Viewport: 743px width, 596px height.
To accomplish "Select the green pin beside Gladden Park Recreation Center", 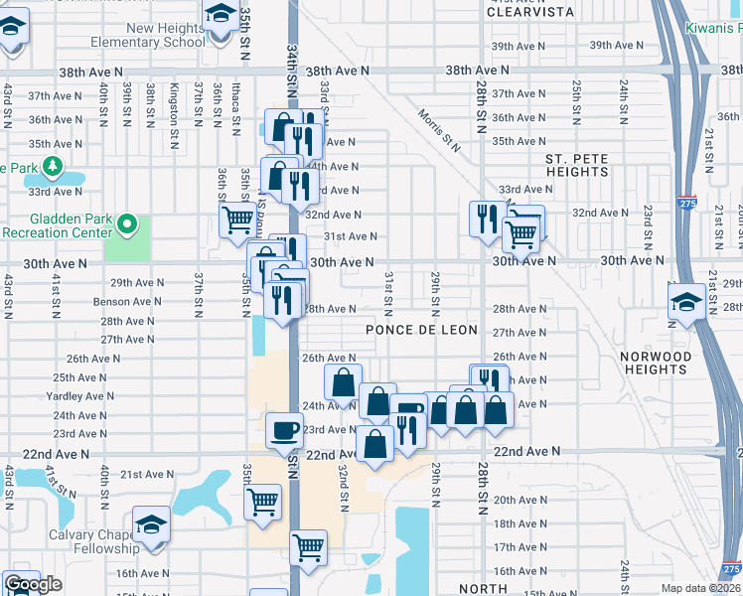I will (x=126, y=225).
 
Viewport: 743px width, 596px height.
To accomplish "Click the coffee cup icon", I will (x=285, y=430).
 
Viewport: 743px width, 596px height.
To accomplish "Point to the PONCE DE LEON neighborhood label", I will (x=421, y=330).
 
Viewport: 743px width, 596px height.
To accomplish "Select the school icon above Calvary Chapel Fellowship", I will (x=151, y=524).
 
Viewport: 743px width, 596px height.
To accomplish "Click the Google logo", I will (x=33, y=584).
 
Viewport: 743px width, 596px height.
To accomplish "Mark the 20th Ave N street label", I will (x=517, y=500).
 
